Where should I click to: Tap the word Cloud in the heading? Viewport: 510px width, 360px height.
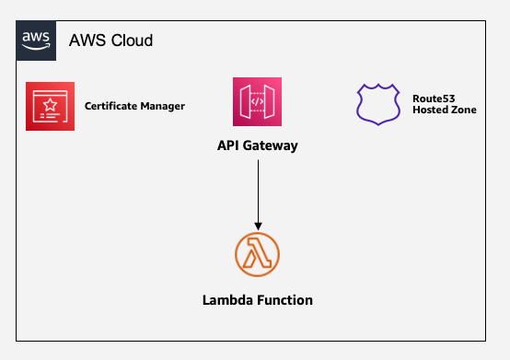[x=132, y=41]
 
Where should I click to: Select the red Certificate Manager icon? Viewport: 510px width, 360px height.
[x=50, y=106]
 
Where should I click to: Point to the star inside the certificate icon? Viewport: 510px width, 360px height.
[x=51, y=102]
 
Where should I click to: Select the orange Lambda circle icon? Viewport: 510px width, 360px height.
[x=258, y=255]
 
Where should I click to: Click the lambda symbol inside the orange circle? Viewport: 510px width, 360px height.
[x=258, y=255]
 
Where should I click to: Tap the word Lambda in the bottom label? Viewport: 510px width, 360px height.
[x=226, y=300]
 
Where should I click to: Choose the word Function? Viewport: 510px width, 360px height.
[x=284, y=300]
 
